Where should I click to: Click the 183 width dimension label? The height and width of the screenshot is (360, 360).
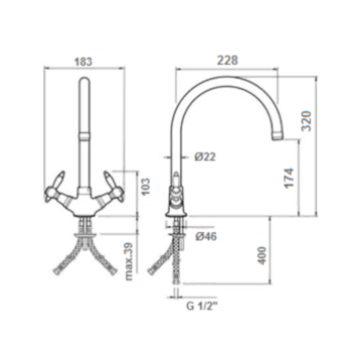point(83,61)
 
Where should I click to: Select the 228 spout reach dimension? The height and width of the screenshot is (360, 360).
point(228,60)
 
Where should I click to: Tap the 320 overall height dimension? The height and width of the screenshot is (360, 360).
point(307,121)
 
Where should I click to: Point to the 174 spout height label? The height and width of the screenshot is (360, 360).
point(289,178)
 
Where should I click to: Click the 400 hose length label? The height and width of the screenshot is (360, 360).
point(262,255)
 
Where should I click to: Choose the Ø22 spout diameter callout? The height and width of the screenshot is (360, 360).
point(205,157)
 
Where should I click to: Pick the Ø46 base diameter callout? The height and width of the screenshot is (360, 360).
point(206,236)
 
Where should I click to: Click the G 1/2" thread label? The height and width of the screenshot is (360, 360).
point(202,306)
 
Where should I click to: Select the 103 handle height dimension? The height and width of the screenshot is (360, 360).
point(145,187)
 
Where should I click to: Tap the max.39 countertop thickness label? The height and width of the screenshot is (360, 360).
point(129,261)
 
